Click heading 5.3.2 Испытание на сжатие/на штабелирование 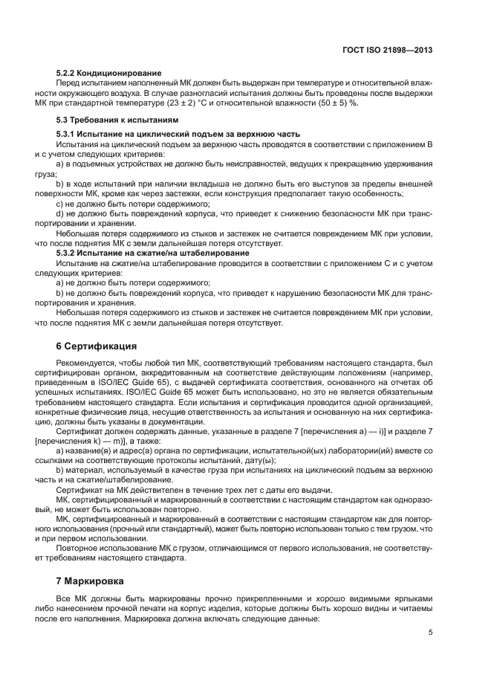pyautogui.click(x=153, y=253)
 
